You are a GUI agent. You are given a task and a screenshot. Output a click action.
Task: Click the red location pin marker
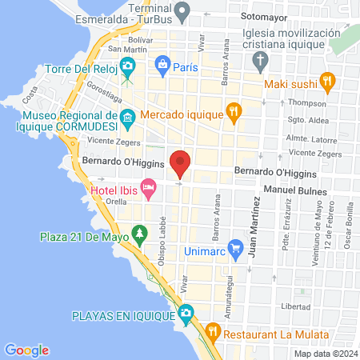click(181, 163)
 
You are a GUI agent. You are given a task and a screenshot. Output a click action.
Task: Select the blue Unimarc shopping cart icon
click(235, 250)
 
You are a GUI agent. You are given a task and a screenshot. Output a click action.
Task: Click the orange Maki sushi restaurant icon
click(326, 80)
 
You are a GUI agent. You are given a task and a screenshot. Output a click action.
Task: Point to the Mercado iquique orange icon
click(233, 111)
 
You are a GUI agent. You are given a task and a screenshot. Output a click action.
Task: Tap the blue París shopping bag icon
click(162, 62)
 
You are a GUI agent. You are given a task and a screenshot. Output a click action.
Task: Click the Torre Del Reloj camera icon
click(126, 66)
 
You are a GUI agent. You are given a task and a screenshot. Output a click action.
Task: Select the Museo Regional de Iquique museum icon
click(128, 122)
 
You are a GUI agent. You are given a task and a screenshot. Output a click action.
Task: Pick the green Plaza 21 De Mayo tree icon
click(141, 234)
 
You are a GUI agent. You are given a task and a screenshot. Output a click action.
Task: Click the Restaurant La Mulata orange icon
click(213, 330)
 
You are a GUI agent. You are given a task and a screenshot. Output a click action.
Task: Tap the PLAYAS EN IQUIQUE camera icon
click(186, 311)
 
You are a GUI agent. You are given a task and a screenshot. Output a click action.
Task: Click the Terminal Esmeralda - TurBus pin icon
click(183, 12)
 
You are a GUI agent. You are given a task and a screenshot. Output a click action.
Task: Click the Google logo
click(27, 350)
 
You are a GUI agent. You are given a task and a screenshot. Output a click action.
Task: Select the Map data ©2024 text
click(325, 353)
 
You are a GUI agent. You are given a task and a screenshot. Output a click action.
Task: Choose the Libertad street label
click(295, 307)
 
